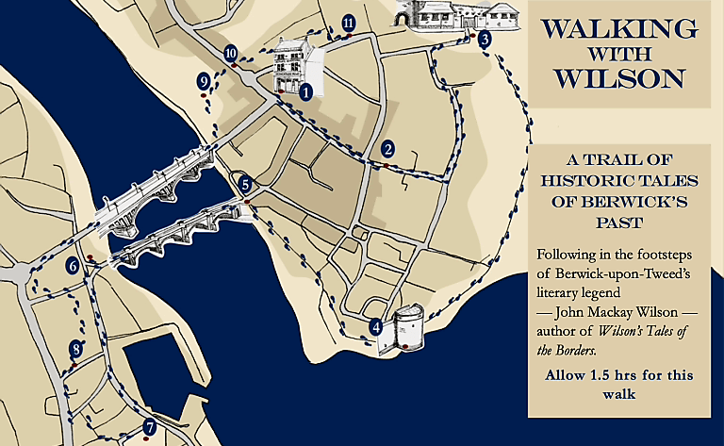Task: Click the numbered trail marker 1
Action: click(305, 92)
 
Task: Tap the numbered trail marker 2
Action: click(387, 148)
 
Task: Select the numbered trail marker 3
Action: click(484, 40)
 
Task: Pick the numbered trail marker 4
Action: click(376, 327)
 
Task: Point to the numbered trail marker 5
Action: click(245, 185)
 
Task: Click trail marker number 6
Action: click(73, 267)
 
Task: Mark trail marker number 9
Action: click(204, 83)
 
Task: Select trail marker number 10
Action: click(231, 54)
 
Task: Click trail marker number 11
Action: click(349, 23)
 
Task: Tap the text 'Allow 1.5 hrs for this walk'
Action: click(618, 384)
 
